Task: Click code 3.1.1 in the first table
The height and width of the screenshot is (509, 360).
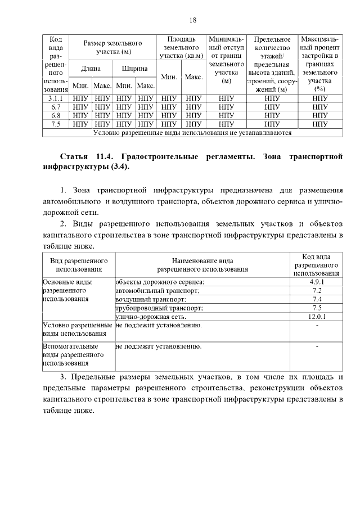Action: coord(55,98)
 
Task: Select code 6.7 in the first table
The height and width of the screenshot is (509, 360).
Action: coord(55,107)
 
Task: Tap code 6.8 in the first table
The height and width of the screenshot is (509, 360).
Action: coord(55,115)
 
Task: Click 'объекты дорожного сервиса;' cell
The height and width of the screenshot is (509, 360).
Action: coord(160,281)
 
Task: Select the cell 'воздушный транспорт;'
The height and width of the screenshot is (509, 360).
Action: coord(151,299)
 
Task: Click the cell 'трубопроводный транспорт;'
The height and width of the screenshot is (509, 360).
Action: coord(159,308)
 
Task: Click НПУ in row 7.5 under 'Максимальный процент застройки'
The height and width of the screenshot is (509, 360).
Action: coord(319,124)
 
